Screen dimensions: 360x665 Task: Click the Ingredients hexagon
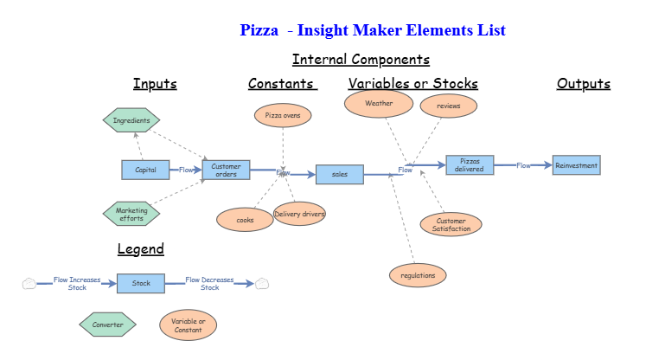coord(131,120)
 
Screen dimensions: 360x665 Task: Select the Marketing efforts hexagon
coord(131,214)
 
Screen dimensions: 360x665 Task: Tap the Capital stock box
coord(145,170)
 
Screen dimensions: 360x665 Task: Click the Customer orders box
coord(226,170)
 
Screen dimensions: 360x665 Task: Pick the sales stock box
coord(339,174)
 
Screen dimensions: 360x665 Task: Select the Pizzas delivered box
coord(470,164)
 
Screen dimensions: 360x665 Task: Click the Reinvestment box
coord(575,164)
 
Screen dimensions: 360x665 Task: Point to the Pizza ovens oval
coord(283,114)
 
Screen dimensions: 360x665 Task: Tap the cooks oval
coord(245,220)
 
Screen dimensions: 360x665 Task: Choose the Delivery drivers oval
coord(299,214)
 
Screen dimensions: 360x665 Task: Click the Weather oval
coord(379,103)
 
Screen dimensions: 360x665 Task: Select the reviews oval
coord(448,106)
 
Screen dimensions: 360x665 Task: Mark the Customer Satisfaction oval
coord(451,225)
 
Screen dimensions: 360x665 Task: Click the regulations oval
coord(419,275)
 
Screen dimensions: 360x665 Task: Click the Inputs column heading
coord(155,84)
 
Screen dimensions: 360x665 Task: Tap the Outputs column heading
coord(583,84)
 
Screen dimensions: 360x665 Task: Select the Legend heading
coord(140,249)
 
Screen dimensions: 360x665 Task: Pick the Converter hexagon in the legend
coord(107,325)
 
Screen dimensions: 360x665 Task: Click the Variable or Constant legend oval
coord(188,325)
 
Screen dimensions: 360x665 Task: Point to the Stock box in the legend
coord(141,283)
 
